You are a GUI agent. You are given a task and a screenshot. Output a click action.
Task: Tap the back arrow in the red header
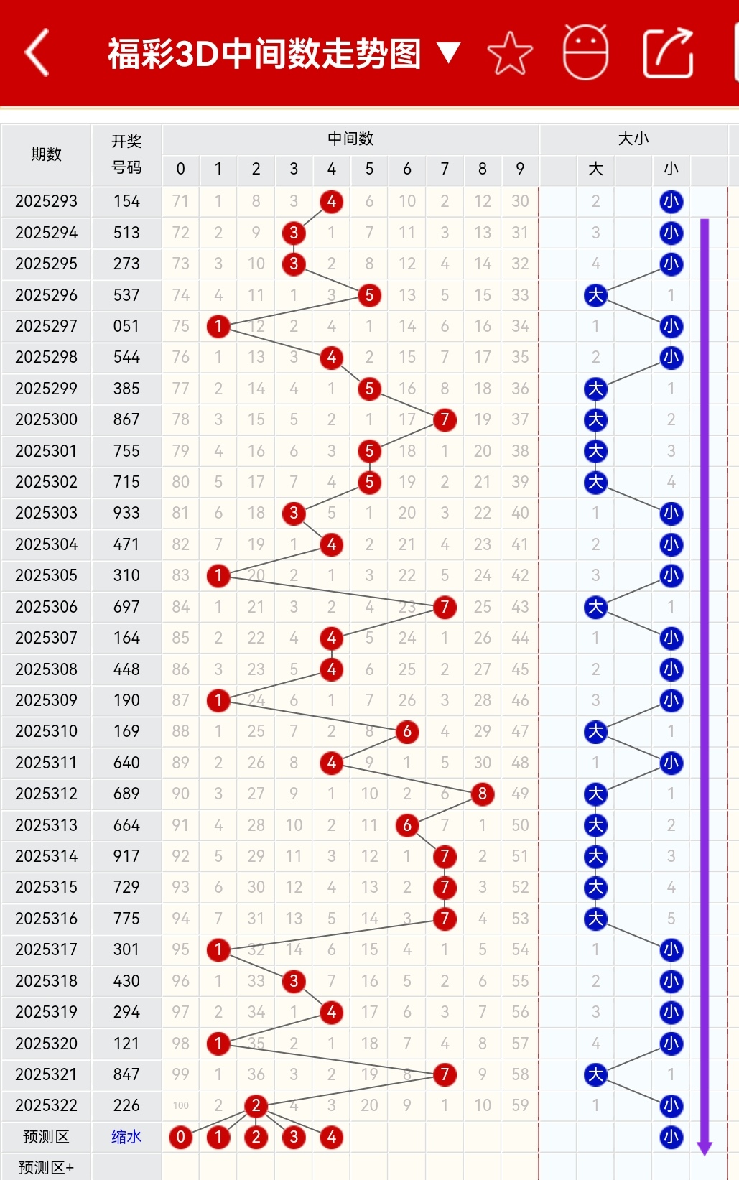coord(37,52)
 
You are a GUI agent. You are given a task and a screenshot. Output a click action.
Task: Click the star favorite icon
coord(510,53)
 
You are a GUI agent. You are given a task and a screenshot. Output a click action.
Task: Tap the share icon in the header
coord(668,52)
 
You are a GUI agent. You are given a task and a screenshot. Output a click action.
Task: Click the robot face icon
coord(585,52)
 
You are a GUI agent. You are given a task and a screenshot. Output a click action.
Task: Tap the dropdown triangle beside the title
coord(449,52)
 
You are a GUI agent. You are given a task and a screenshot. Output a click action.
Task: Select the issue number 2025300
coord(46,419)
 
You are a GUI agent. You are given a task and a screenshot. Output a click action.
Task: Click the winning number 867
coord(126,419)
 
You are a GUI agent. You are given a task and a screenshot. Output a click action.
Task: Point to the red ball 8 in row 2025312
coord(483,794)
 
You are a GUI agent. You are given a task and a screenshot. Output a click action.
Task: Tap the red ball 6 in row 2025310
coord(407,731)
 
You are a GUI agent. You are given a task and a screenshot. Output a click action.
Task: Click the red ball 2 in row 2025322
coord(256,1105)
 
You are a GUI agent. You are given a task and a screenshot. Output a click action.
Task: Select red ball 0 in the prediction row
coord(181,1137)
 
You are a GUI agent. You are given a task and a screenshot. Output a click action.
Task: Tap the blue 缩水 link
coord(126,1137)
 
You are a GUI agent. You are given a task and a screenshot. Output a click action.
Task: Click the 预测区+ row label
coord(46,1168)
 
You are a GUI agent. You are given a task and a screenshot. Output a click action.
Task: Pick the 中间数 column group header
coord(350,139)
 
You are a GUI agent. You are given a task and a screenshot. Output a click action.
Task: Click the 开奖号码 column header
coord(126,154)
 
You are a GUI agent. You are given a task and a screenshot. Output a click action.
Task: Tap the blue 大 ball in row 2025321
coord(595,1074)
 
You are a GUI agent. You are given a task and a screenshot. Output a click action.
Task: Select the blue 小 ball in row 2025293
coord(671,201)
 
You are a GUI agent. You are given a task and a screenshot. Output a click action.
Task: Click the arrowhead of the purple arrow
coord(705,1148)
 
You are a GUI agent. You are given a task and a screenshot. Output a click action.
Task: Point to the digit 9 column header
coord(520,169)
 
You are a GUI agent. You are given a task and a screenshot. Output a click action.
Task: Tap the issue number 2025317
coord(46,949)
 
